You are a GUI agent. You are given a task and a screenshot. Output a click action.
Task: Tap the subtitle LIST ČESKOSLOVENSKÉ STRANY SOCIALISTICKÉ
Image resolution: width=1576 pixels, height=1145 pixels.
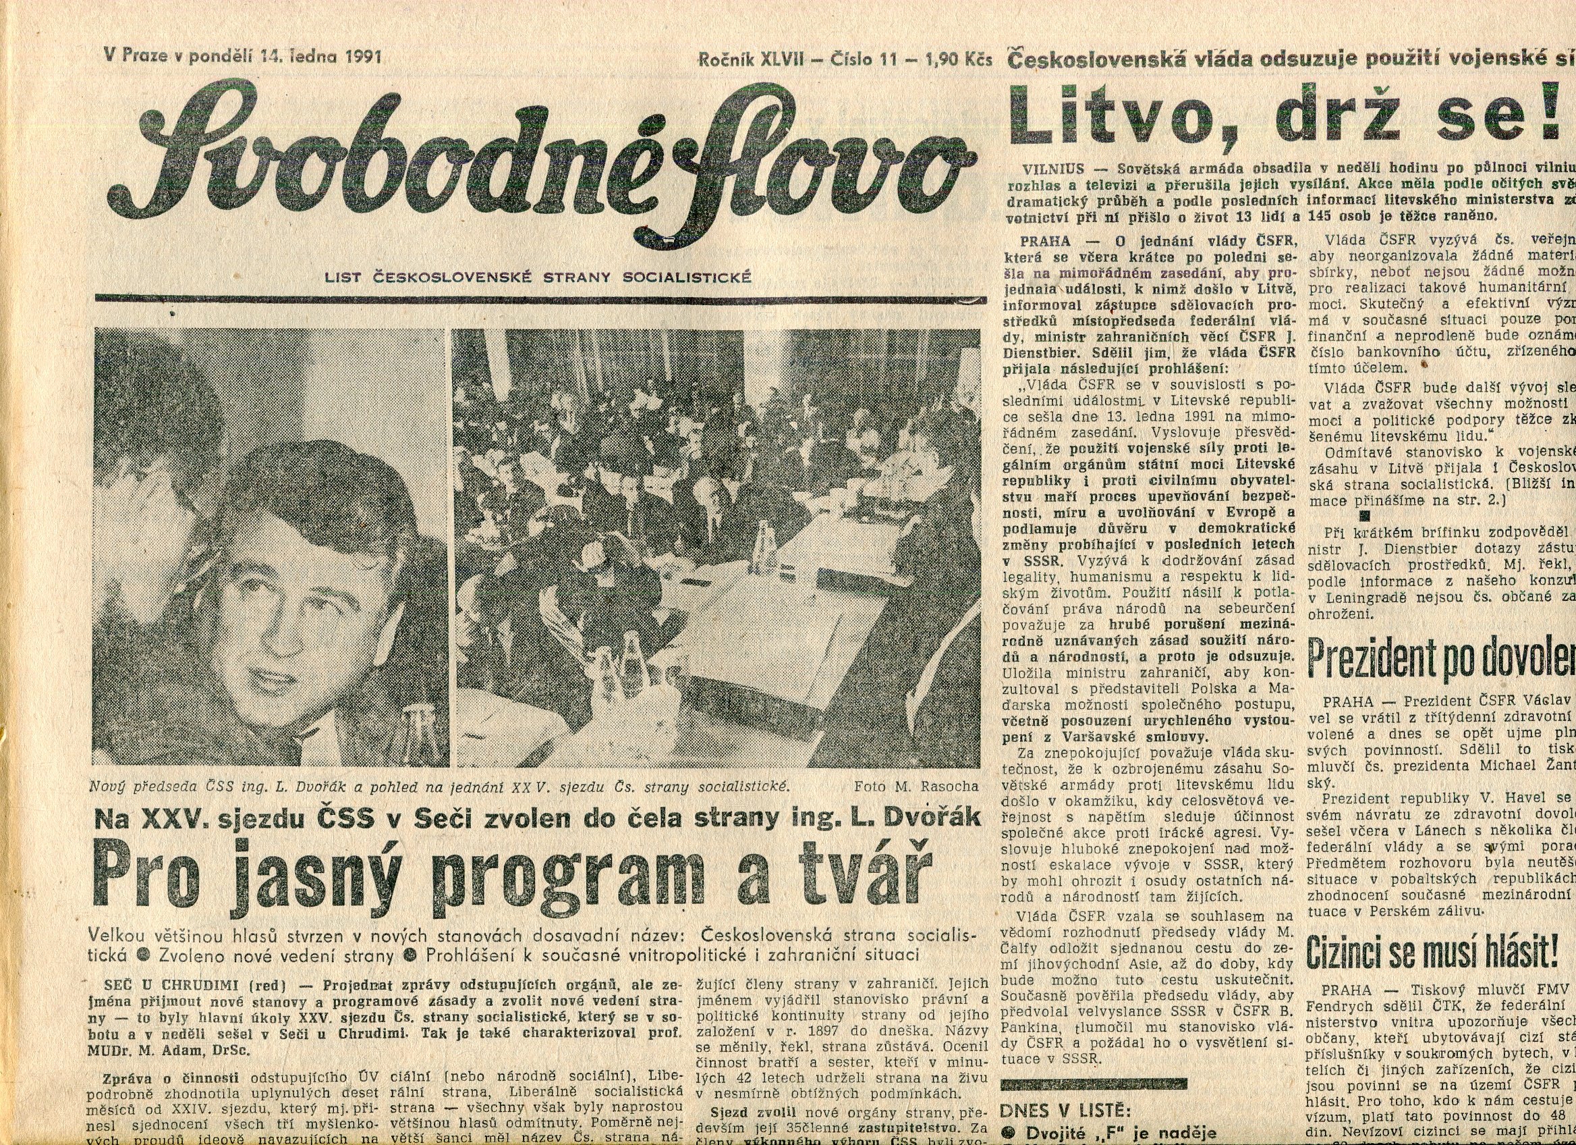538,277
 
